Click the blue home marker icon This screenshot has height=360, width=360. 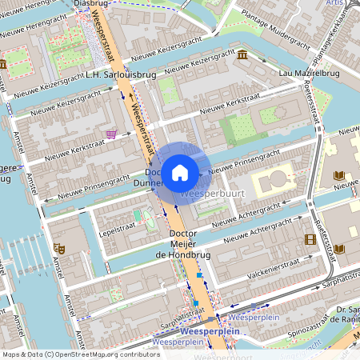(180, 172)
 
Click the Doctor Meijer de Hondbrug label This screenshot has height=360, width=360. (182, 243)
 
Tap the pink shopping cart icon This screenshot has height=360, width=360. (111, 134)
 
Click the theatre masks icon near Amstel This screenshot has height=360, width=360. (58, 249)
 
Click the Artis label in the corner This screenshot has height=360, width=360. (336, 4)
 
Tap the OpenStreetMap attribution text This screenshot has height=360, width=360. (81, 354)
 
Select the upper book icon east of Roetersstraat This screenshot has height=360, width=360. (339, 175)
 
